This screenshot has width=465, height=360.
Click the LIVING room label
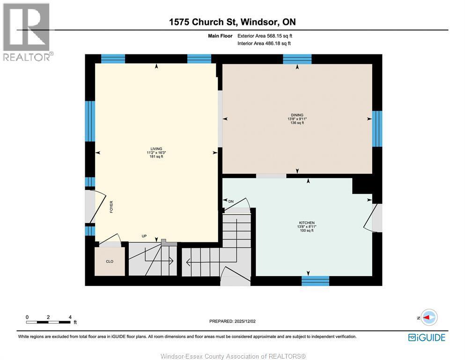[156, 149]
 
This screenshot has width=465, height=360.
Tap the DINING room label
[297, 115]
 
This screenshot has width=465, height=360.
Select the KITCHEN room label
[307, 223]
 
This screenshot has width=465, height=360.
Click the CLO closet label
[109, 262]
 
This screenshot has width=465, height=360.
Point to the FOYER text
[111, 207]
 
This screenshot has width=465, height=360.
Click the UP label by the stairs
[144, 236]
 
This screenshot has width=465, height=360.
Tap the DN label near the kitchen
[230, 201]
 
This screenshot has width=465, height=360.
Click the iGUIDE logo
[426, 337]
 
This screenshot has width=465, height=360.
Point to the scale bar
[48, 322]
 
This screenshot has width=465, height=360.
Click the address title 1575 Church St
[232, 22]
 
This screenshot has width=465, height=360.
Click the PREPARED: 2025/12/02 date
[232, 321]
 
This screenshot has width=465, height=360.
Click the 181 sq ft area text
[156, 157]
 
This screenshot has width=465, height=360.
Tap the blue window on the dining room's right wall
[377, 128]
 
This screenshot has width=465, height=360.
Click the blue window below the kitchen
[315, 281]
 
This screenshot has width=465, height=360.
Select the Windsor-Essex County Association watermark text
[233, 356]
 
